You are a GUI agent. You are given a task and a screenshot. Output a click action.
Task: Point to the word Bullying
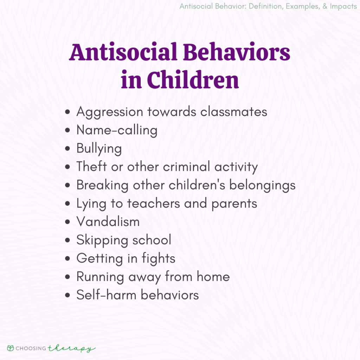[99, 149]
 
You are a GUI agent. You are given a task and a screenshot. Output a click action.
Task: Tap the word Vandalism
[108, 221]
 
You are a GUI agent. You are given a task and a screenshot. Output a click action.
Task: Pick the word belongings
[262, 185]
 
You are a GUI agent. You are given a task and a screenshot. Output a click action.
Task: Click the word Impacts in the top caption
[340, 7]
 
